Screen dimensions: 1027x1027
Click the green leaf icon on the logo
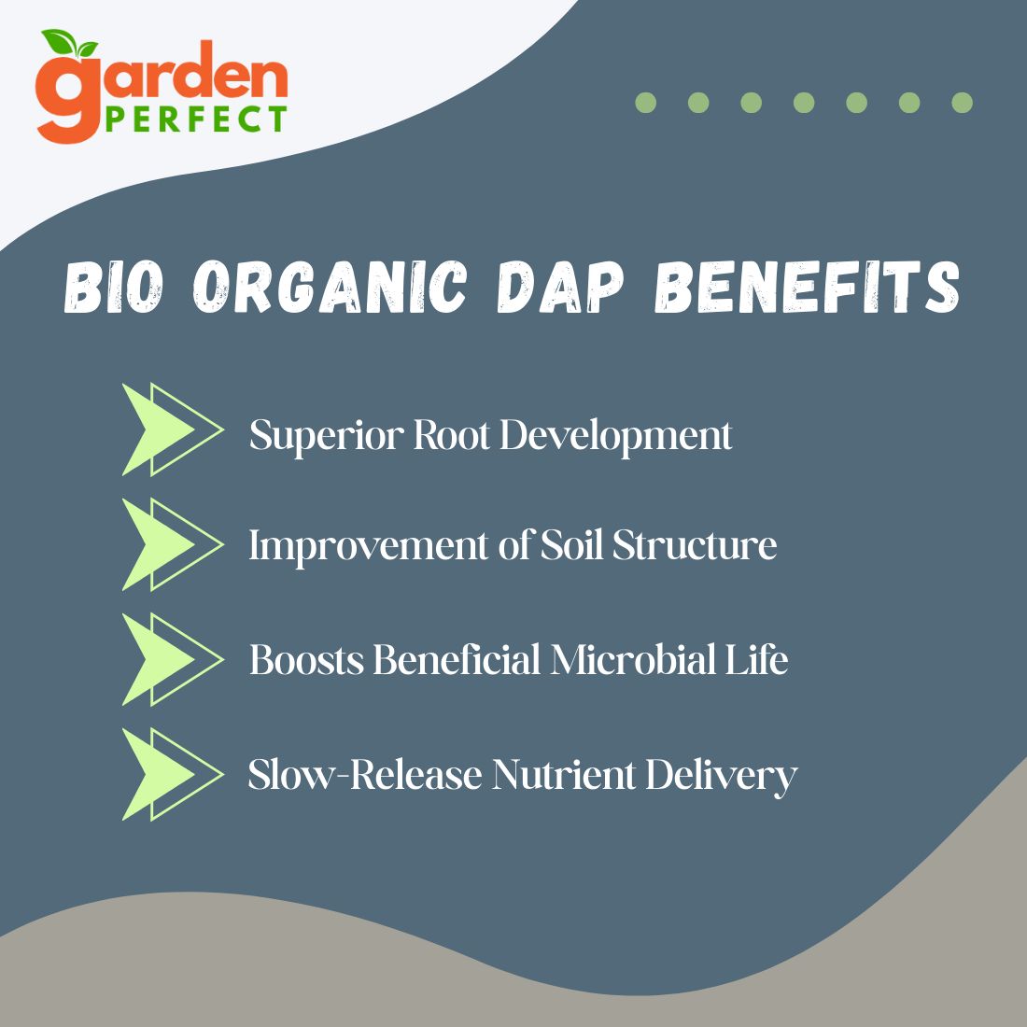point(68,43)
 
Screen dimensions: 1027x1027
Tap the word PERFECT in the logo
point(196,120)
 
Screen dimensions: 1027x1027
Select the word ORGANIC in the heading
point(330,287)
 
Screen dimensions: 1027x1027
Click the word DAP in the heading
point(560,287)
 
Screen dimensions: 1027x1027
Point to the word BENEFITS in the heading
point(808,287)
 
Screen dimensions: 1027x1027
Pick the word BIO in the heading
point(113,287)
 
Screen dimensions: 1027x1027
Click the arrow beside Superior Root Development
point(173,429)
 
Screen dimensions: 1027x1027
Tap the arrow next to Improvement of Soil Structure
point(173,544)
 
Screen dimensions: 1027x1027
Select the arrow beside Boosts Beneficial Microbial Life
point(173,659)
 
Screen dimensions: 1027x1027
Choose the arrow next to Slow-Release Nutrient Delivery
point(173,774)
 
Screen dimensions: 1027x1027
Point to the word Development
point(615,435)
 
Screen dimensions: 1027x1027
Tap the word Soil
point(571,545)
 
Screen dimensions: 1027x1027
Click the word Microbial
point(633,659)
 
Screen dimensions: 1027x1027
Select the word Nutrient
point(564,774)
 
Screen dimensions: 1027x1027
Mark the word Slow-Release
point(365,774)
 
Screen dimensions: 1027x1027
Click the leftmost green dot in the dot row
point(646,103)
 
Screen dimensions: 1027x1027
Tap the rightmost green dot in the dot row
point(963,103)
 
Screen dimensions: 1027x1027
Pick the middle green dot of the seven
point(804,103)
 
